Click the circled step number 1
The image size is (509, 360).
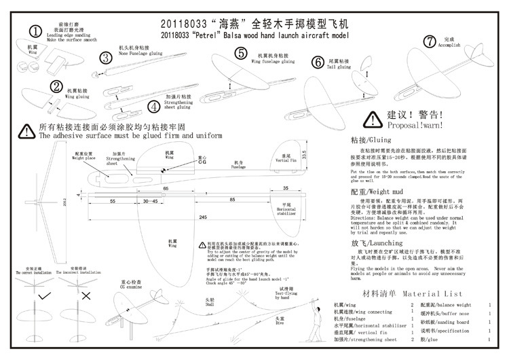click(36, 31)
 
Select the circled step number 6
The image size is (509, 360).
click(318, 62)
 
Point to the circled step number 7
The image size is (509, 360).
click(429, 41)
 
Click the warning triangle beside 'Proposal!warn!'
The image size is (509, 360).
click(372, 120)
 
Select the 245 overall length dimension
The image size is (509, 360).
click(203, 217)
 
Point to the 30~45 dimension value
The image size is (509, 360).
click(150, 202)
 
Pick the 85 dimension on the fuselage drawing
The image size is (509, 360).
click(233, 200)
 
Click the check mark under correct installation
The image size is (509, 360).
click(44, 297)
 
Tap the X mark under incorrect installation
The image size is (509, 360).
click(86, 297)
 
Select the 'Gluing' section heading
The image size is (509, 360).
click(371, 139)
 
